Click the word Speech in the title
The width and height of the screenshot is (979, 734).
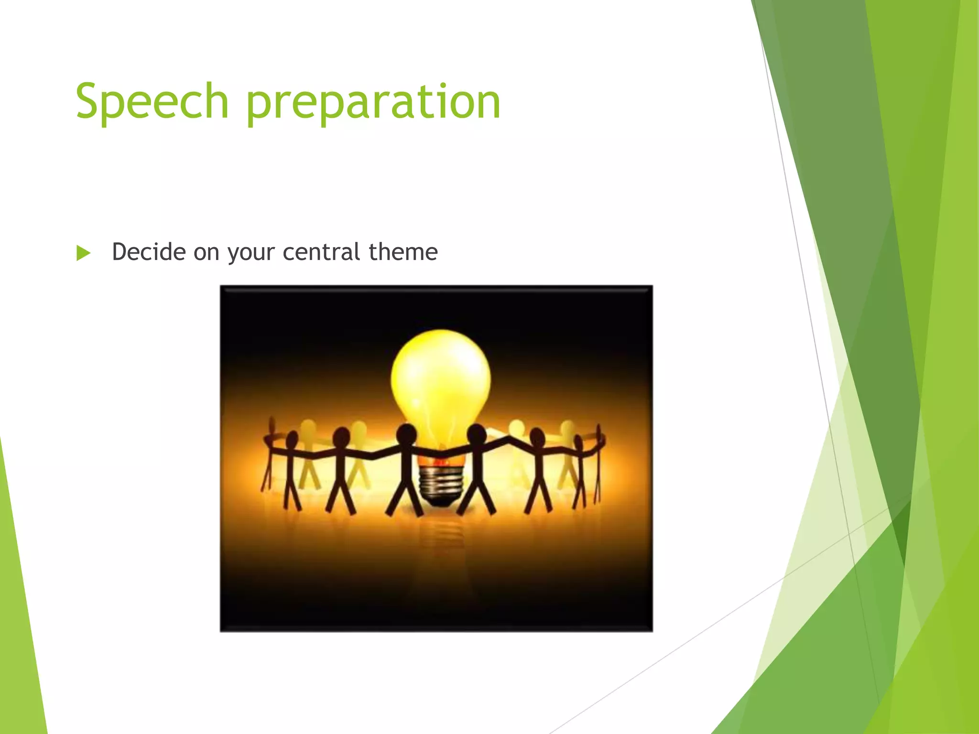(x=152, y=101)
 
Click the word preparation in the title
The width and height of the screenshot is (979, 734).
(x=373, y=102)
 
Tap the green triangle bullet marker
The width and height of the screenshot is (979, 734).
(x=83, y=253)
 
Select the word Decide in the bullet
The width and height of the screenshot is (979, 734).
(x=149, y=252)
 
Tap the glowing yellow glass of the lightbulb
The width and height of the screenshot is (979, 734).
(x=440, y=378)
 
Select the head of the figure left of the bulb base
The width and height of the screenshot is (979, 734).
(x=407, y=434)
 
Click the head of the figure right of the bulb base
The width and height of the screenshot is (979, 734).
(x=477, y=434)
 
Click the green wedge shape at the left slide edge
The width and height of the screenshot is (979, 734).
(x=19, y=621)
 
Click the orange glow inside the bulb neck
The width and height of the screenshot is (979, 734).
(x=441, y=461)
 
